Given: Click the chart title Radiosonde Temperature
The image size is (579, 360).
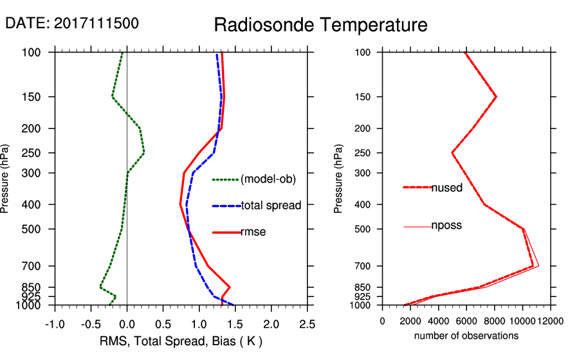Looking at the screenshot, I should (320, 25).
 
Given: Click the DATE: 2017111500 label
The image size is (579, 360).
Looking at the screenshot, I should (71, 23).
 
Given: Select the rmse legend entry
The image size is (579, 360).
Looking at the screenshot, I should (253, 232).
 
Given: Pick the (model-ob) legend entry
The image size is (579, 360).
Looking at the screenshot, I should (268, 180).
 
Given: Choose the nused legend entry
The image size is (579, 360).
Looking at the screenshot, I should (446, 188).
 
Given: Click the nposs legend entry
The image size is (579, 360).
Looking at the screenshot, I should (446, 226).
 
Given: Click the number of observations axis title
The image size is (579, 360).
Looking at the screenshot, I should (466, 336).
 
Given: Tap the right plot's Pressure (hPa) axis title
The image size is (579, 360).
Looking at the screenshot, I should (339, 179).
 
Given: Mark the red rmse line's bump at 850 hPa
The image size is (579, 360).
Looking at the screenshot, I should (230, 287).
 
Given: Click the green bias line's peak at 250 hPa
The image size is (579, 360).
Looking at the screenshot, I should (144, 153).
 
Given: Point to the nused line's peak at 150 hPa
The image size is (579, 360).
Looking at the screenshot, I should (496, 97).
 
